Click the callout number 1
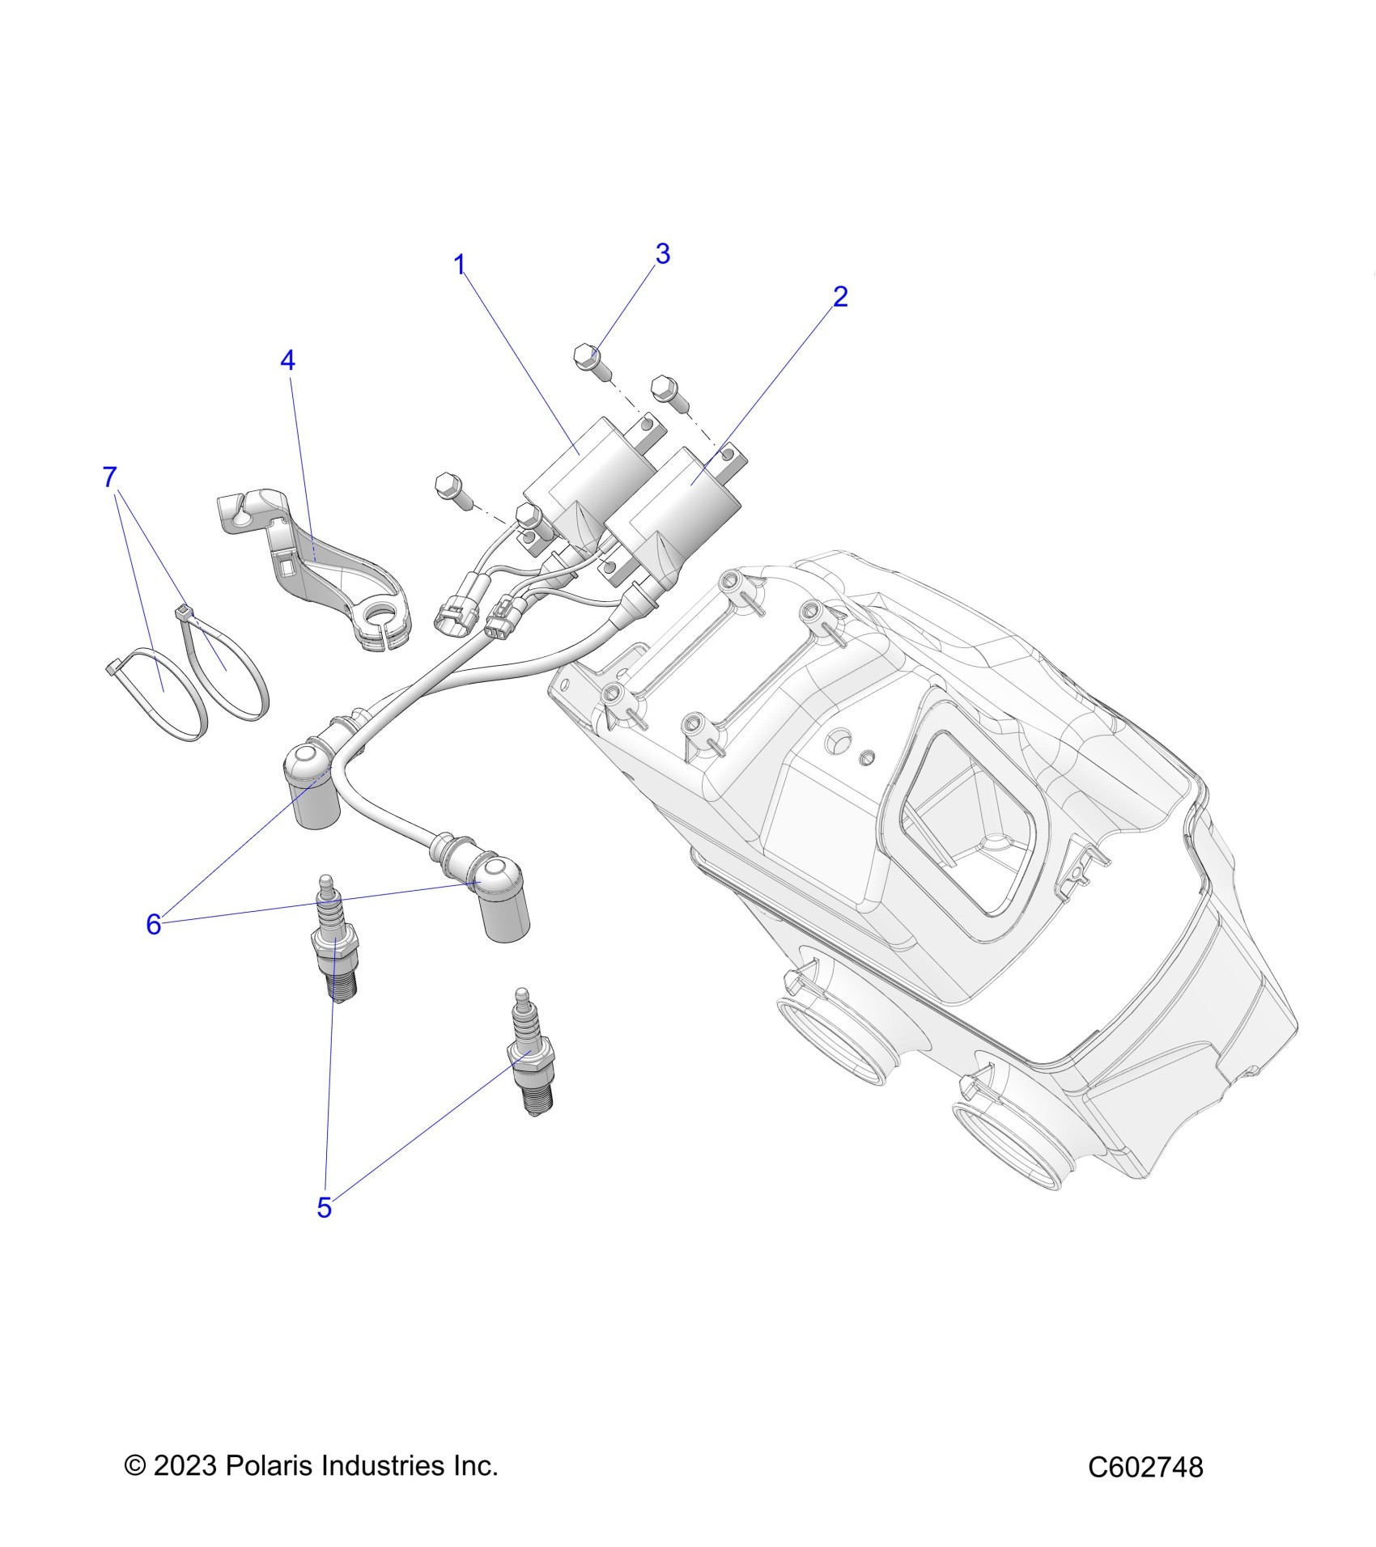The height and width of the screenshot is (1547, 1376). click(x=460, y=265)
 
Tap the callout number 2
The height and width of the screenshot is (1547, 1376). click(x=840, y=297)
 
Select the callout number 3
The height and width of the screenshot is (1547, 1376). click(x=663, y=254)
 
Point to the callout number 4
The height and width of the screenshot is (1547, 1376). click(x=288, y=361)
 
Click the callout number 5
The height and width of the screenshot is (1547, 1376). click(x=324, y=1231)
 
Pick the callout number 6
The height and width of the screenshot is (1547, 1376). click(x=154, y=924)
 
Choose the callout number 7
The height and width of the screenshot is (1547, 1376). click(x=110, y=477)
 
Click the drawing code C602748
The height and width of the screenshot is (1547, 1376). click(x=1145, y=1467)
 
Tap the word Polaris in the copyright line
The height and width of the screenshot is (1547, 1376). click(x=268, y=1465)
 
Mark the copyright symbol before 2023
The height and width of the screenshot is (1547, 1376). click(x=134, y=1465)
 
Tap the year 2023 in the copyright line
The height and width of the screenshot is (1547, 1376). click(x=185, y=1465)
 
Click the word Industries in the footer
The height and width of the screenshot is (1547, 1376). click(x=382, y=1465)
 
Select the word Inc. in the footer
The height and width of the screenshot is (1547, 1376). click(x=474, y=1465)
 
